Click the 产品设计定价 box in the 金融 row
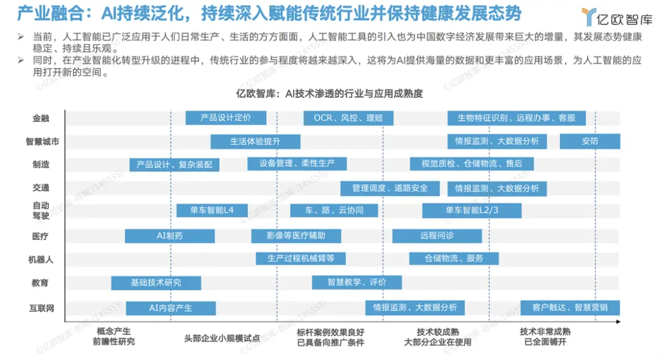point(226,118)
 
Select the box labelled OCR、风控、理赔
point(348,118)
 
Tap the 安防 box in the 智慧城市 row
point(590,141)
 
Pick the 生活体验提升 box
point(255,141)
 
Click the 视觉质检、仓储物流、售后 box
point(472,163)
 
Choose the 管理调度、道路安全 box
point(390,189)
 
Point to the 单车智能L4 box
point(212,210)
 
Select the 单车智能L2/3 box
point(472,211)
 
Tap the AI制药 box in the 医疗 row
point(170,236)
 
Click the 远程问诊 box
point(437,236)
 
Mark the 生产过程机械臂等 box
point(301,258)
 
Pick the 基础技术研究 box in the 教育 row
point(156,283)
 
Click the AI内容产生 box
point(171,308)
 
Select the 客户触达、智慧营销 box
point(570,308)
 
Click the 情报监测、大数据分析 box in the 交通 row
point(497,189)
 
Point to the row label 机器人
point(41,260)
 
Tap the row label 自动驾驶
point(41,211)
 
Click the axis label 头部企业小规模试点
point(222,338)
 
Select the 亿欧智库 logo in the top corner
point(617,18)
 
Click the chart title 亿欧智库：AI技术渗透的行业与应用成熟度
point(329,94)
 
